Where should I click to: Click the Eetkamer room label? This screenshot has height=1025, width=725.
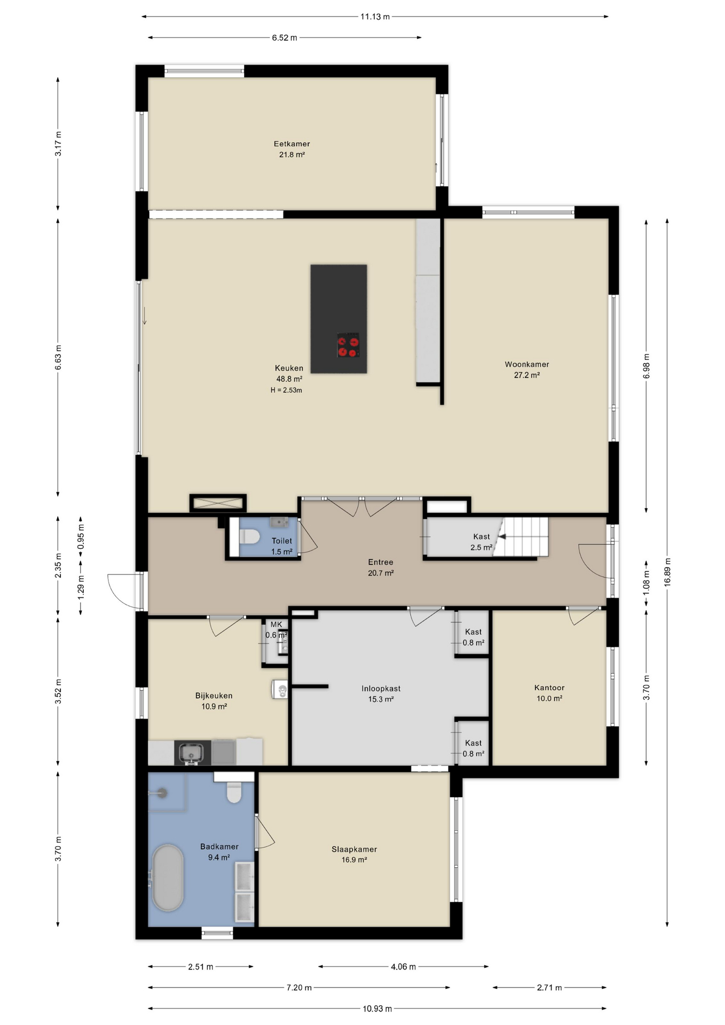[x=291, y=144]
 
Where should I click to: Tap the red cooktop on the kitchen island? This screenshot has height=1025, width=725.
[x=348, y=345]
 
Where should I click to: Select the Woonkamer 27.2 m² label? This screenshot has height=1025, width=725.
[x=527, y=369]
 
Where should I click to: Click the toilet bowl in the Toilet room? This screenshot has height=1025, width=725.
[x=249, y=537]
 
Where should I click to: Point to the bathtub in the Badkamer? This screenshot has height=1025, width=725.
[x=168, y=878]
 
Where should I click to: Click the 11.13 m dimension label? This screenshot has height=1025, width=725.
[x=375, y=17]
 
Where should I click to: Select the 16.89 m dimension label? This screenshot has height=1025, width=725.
[x=667, y=572]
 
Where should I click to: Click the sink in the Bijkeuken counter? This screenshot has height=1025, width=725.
[x=190, y=753]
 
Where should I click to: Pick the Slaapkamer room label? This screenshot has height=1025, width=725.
[x=354, y=849]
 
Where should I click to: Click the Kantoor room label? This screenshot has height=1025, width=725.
[x=549, y=688]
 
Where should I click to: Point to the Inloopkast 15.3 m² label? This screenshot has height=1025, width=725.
[x=381, y=693]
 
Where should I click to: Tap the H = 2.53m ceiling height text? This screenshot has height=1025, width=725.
[x=286, y=390]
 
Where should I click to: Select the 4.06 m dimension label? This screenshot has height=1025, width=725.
[x=403, y=967]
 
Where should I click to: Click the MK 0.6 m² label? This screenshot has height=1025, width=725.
[x=276, y=629]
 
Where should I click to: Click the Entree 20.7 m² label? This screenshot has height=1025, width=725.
[x=381, y=567]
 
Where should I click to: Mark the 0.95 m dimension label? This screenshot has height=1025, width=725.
[x=81, y=537]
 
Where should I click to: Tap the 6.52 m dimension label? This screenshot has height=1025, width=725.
[x=285, y=38]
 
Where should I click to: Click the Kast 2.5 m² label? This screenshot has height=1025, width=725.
[x=481, y=542]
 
